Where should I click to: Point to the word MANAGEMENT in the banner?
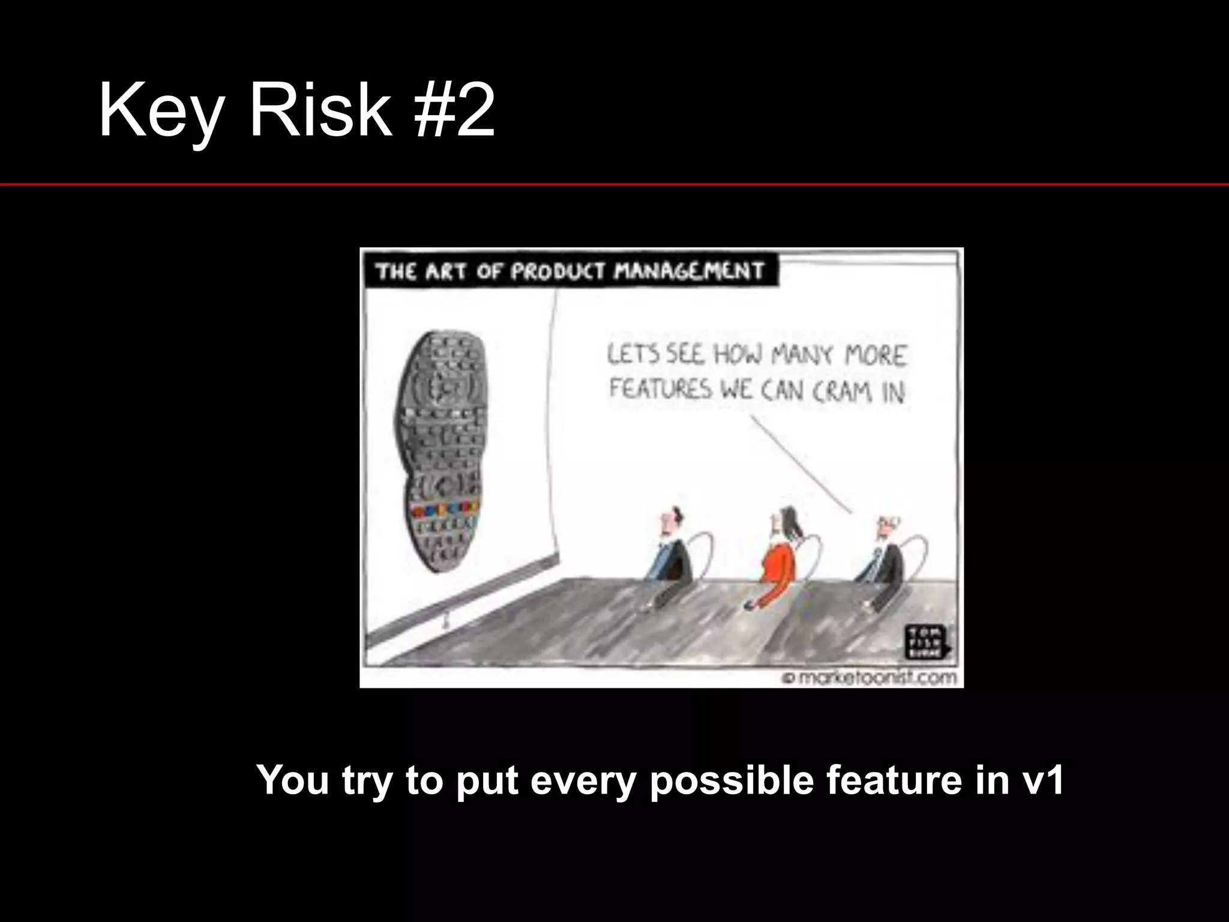click(690, 272)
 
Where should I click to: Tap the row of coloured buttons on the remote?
click(445, 510)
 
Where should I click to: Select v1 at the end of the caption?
click(1041, 780)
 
